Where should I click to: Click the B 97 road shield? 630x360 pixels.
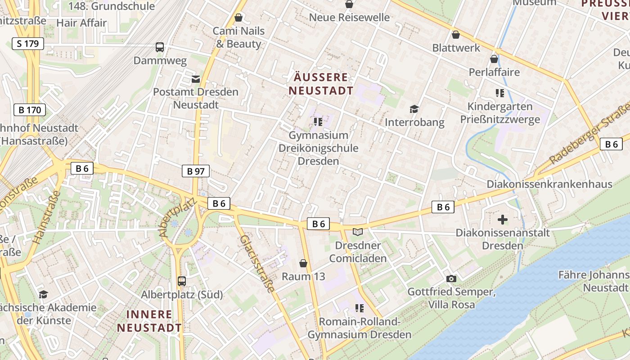[x=196, y=171]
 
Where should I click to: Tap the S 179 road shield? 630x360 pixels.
[x=28, y=44]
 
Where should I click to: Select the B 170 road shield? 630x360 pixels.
[x=30, y=110]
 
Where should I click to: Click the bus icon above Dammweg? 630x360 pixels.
[x=160, y=47]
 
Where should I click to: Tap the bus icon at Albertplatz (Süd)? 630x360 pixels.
[x=182, y=281]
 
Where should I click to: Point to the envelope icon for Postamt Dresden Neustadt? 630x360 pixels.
[x=196, y=79]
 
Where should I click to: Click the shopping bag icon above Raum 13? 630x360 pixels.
[x=303, y=263]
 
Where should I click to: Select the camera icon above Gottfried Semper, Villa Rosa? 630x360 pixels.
[x=451, y=279]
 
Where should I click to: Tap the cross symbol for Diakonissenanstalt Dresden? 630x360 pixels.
[x=503, y=220]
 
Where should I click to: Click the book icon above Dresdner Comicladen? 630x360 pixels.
[x=358, y=232]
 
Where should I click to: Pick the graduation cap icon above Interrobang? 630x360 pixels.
[x=414, y=109]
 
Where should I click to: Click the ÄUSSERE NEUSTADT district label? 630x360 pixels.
[x=321, y=84]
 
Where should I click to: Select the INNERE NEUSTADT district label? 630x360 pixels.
[x=149, y=321]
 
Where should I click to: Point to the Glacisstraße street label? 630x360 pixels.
[x=257, y=264]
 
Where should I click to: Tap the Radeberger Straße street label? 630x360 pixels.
[x=590, y=135]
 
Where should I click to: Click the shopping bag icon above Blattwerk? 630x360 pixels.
[x=456, y=35]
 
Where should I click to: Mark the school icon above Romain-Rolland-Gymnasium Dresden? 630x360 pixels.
[x=359, y=308]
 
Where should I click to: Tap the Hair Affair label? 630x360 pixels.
[x=82, y=23]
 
